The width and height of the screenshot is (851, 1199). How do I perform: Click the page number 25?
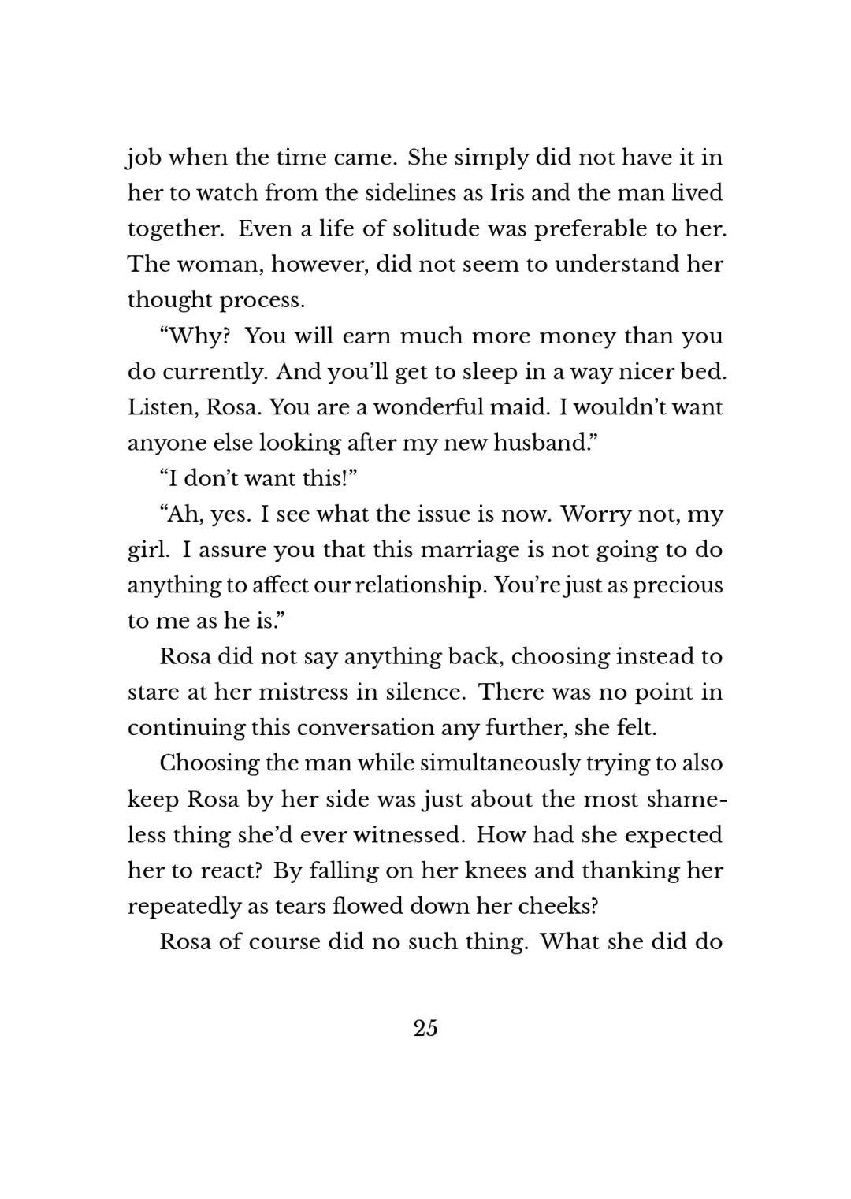(x=425, y=1028)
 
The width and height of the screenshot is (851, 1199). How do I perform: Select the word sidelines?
(x=408, y=193)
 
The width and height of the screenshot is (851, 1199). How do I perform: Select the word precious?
(x=678, y=585)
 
